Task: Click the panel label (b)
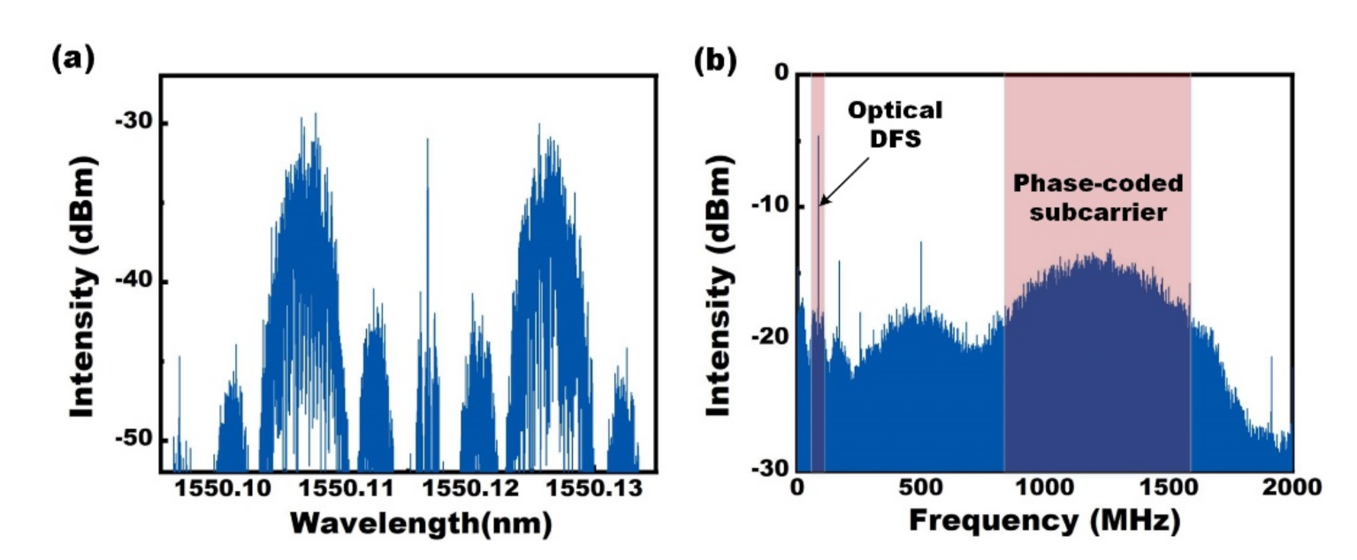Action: pyautogui.click(x=717, y=62)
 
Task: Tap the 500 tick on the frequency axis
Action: pyautogui.click(x=921, y=487)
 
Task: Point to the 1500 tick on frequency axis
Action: pyautogui.click(x=1169, y=487)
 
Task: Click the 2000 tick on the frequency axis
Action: pyautogui.click(x=1292, y=487)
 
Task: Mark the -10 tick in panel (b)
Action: pyautogui.click(x=766, y=206)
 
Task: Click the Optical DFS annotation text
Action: pyautogui.click(x=895, y=124)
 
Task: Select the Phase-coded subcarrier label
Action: pyautogui.click(x=1097, y=199)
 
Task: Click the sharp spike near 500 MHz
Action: pyautogui.click(x=921, y=265)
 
